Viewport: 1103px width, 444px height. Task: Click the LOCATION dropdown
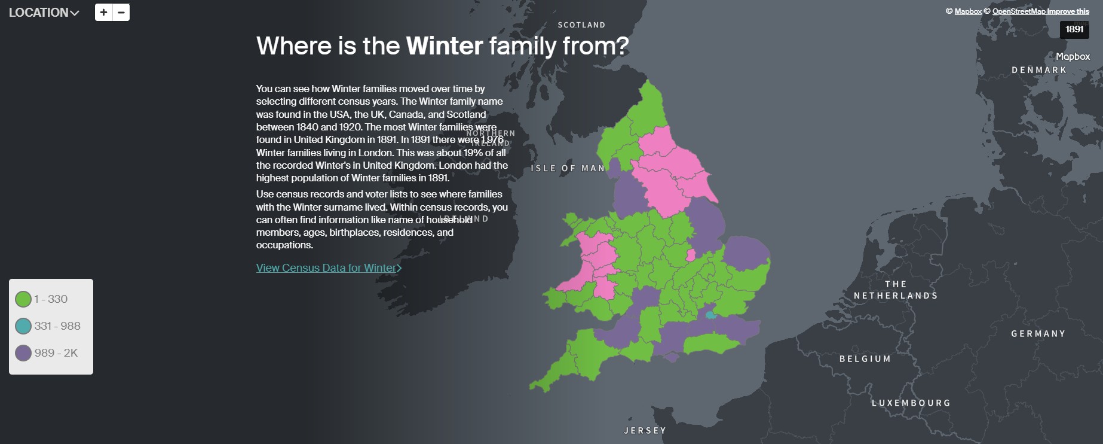(44, 13)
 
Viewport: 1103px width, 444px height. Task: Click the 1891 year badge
(1074, 29)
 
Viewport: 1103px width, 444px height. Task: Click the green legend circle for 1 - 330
(23, 299)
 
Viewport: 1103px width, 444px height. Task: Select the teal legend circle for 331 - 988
(23, 326)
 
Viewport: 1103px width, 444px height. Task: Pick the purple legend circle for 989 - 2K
(23, 353)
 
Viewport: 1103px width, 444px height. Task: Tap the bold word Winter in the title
(444, 46)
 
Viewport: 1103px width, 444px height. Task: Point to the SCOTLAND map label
(581, 25)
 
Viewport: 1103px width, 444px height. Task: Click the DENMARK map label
(1038, 70)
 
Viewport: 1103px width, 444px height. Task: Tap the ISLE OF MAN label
(568, 169)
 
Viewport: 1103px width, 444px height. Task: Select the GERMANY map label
(1038, 334)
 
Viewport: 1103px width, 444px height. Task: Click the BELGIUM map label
(865, 359)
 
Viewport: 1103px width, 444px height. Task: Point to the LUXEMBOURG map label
(911, 403)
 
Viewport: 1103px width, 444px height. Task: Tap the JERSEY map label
(645, 431)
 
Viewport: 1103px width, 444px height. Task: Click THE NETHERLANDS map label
(895, 290)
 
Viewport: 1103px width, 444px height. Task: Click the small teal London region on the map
(710, 315)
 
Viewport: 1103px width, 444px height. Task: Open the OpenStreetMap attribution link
(1019, 11)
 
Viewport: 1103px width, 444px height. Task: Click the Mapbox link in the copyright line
(968, 11)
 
